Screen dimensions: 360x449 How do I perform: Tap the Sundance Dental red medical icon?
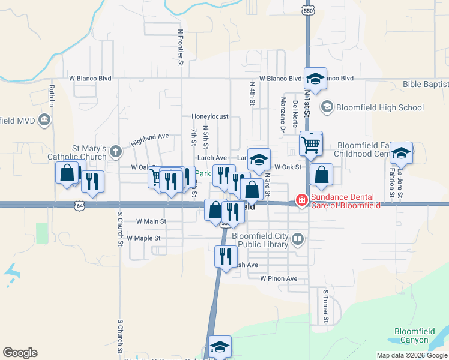[302, 200]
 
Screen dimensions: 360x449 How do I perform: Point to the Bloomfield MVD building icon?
[44, 121]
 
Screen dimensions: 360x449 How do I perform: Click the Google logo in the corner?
[20, 353]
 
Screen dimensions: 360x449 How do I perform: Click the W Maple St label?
[143, 238]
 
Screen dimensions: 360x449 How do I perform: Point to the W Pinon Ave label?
[279, 279]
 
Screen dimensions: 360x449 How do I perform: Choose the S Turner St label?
[326, 306]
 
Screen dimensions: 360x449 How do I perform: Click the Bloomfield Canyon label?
[419, 335]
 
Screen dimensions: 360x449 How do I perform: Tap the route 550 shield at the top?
[308, 11]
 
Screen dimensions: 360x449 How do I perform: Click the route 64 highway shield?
[80, 206]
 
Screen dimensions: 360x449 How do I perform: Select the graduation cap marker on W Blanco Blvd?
[315, 79]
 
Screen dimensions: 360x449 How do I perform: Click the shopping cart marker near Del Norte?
[311, 143]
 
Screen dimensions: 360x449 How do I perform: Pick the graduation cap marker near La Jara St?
[401, 154]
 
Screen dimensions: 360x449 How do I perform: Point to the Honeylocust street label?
[210, 116]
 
